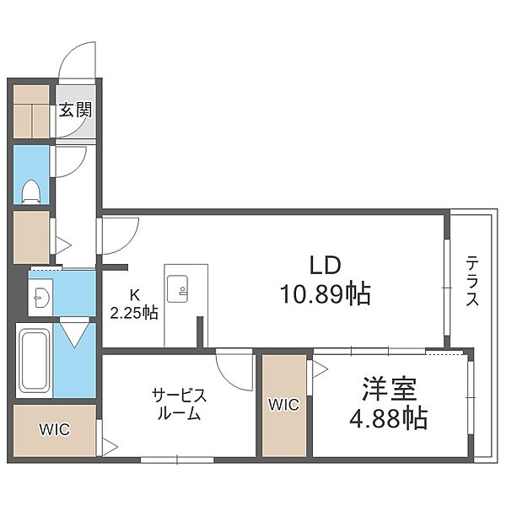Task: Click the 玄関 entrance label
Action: tap(76, 110)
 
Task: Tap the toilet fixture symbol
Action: tap(31, 191)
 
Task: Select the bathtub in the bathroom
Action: tap(35, 360)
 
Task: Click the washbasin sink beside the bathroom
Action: tap(41, 297)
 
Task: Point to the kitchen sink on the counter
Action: tap(177, 288)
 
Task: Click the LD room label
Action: tap(326, 265)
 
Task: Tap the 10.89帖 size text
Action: tap(326, 293)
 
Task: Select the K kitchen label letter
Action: tap(134, 294)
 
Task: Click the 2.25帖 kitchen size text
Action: tap(134, 313)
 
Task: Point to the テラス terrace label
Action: tap(472, 281)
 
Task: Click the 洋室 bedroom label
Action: tap(390, 389)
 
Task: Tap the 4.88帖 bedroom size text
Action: tap(389, 418)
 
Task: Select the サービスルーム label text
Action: tap(179, 404)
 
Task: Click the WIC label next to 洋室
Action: tap(284, 405)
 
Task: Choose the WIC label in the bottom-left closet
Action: tap(54, 429)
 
